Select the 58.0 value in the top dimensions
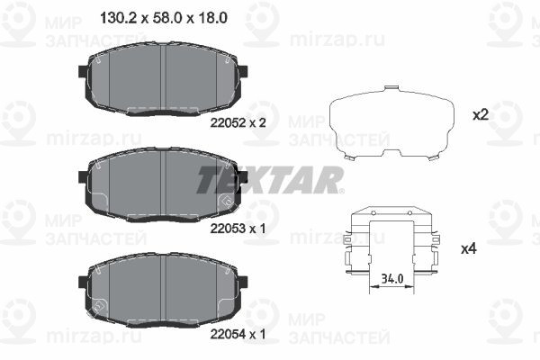pyautogui.click(x=161, y=17)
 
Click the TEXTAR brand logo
pyautogui.click(x=269, y=179)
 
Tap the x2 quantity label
pyautogui.click(x=480, y=115)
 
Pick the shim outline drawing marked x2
pyautogui.click(x=391, y=126)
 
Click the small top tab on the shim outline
pyautogui.click(x=391, y=90)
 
